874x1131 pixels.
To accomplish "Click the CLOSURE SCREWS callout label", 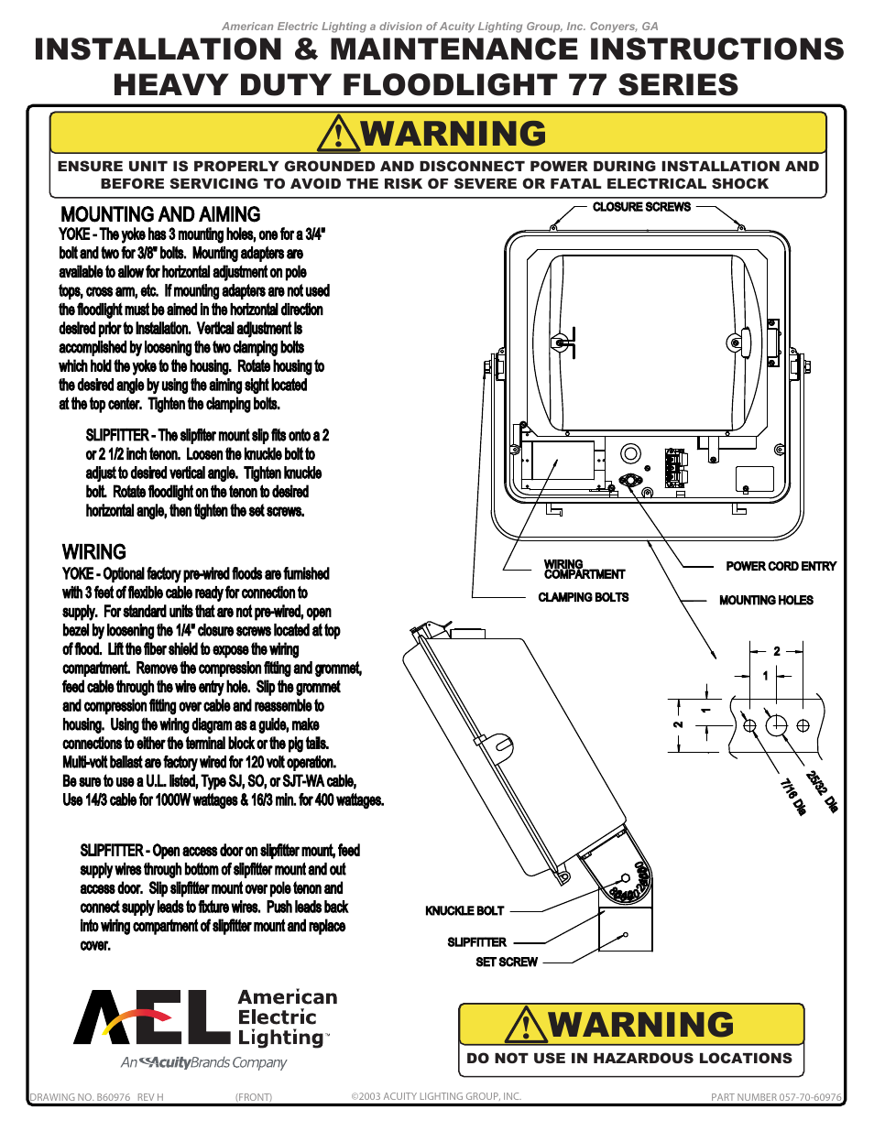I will [x=641, y=207].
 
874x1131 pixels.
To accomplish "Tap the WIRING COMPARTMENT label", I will [x=584, y=570].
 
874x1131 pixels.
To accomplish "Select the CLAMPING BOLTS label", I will [x=583, y=597].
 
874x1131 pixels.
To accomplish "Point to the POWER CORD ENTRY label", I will [x=781, y=567].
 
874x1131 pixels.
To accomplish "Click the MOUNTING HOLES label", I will [x=766, y=601].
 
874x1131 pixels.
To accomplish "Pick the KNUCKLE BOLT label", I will [x=464, y=911].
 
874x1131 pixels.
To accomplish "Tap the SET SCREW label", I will [x=507, y=962].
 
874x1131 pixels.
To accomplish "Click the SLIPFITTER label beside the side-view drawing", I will [x=476, y=942].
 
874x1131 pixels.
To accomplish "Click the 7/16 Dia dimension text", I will [x=792, y=797].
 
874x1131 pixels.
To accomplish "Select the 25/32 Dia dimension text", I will [x=822, y=790].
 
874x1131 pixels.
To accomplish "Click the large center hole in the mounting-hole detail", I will [x=776, y=725].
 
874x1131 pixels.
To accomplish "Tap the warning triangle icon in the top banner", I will [x=339, y=134].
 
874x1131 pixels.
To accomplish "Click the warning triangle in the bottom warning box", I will [x=526, y=1025].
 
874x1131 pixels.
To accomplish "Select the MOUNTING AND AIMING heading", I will [x=160, y=214].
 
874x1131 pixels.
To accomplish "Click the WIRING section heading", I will [x=93, y=552].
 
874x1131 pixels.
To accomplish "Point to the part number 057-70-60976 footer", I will [x=775, y=1097].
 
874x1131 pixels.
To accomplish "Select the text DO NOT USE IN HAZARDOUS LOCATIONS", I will [x=629, y=1059].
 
